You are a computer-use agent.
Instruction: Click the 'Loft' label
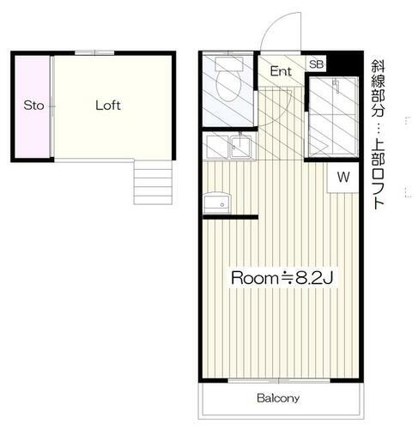tap(107, 106)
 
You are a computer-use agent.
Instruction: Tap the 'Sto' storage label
tap(33, 106)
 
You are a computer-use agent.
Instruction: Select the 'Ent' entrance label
tap(281, 71)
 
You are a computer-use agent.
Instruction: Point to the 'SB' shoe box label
tap(316, 64)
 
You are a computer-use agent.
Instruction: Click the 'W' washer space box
tap(343, 178)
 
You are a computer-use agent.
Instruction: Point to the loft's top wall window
tap(87, 53)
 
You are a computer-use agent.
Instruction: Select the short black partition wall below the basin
tap(232, 217)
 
